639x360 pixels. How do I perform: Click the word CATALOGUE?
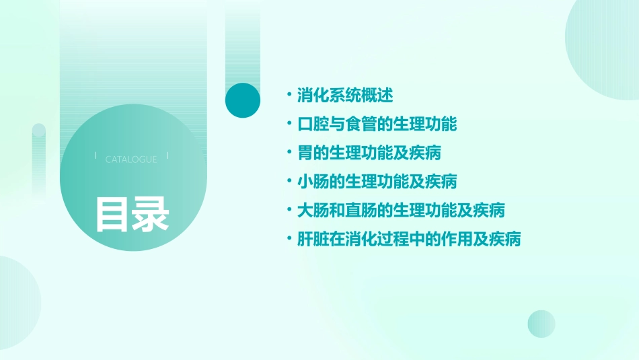(131, 159)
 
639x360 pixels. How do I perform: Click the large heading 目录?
(132, 214)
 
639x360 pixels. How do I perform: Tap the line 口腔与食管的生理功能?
(377, 124)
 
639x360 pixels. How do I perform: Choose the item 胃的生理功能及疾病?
(369, 153)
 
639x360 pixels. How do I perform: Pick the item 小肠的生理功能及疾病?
(377, 181)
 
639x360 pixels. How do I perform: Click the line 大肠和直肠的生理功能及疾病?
(401, 210)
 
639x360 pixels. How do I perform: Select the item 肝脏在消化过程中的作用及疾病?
(409, 239)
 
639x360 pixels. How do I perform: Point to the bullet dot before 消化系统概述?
(289, 95)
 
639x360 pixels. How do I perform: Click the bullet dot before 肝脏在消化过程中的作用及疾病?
(289, 239)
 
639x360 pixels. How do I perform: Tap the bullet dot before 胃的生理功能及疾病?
(289, 153)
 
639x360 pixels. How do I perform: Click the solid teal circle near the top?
(243, 100)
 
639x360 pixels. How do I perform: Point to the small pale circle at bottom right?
(541, 324)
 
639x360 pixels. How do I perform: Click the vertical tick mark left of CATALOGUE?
(96, 155)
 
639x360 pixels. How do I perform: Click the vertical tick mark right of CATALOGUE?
(167, 155)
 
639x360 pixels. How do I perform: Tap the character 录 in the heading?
(151, 214)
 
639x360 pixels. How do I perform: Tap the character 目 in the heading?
(112, 214)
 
